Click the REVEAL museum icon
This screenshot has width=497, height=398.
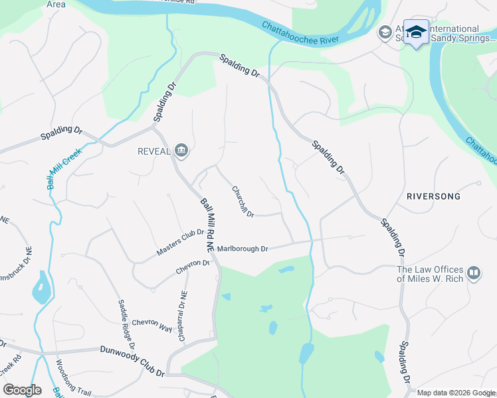[182, 152]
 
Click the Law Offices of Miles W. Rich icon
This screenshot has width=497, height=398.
[474, 273]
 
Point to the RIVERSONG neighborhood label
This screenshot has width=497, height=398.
[433, 197]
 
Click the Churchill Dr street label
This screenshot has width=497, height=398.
[243, 200]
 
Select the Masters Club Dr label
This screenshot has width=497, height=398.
[179, 243]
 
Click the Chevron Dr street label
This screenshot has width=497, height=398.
[193, 267]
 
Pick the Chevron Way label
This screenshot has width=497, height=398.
[152, 324]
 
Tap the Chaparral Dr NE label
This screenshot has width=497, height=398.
[183, 316]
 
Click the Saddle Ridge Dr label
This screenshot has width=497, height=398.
[127, 324]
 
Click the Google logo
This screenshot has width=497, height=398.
[22, 389]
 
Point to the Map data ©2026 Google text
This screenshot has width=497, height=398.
[456, 393]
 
